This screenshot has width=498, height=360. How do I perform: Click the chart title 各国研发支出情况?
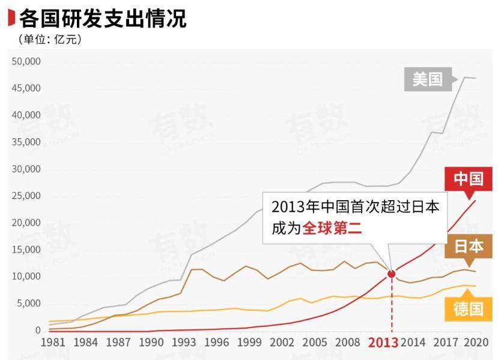[x=103, y=19]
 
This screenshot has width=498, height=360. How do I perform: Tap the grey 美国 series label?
[x=427, y=79]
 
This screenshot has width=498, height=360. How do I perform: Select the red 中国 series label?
[x=468, y=179]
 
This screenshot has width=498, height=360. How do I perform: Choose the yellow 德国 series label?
[x=468, y=309]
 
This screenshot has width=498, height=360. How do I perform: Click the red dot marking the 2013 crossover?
[x=392, y=273]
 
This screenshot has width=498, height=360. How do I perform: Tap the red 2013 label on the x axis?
[x=383, y=343]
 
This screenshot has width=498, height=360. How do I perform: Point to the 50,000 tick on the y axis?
[x=26, y=61]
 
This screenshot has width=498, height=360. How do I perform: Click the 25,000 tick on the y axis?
[x=26, y=196]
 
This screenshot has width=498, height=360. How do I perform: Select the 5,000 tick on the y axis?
[x=28, y=304]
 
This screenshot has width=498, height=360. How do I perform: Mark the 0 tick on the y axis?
[x=37, y=330]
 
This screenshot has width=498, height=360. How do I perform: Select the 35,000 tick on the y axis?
[x=26, y=142]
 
